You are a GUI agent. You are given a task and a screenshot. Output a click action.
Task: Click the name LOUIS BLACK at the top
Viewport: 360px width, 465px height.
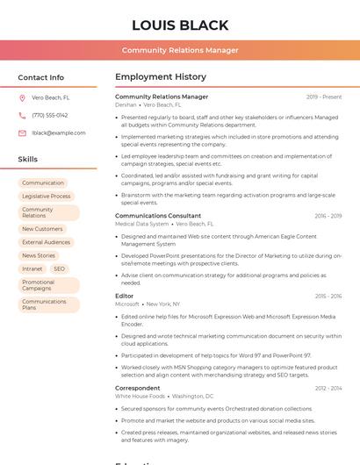(x=180, y=25)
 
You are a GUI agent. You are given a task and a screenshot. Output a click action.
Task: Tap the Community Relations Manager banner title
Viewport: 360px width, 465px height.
(x=180, y=50)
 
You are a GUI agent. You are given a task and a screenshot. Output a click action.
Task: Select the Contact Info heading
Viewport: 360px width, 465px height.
(x=41, y=77)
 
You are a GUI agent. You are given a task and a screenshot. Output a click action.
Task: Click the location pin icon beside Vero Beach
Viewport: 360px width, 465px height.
(x=22, y=97)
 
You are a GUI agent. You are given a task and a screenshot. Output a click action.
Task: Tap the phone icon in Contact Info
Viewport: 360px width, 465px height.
(x=22, y=115)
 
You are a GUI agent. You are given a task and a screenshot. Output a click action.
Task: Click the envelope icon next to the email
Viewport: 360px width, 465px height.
(x=22, y=133)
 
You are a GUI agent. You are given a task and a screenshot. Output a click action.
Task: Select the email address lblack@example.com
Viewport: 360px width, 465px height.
(x=59, y=133)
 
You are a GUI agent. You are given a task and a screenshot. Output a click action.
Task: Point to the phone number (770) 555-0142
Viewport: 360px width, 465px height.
(x=50, y=115)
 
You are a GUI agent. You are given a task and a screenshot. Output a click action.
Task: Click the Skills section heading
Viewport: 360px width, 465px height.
(x=28, y=160)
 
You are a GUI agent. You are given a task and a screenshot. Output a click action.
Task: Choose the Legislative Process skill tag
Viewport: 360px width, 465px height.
(x=47, y=197)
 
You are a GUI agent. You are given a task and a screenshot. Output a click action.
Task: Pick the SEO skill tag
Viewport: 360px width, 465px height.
(x=59, y=268)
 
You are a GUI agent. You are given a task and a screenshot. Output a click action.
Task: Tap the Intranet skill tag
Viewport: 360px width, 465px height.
(x=32, y=268)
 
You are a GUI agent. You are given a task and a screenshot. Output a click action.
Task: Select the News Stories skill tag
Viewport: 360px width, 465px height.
(x=39, y=255)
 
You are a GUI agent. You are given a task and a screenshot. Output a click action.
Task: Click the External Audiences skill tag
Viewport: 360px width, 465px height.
(x=47, y=242)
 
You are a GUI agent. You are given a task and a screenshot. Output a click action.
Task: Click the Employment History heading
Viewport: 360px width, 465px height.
(x=161, y=77)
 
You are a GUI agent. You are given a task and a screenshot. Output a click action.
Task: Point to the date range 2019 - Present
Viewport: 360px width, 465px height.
(x=324, y=97)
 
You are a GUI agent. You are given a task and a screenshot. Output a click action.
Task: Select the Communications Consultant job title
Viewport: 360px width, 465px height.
(x=158, y=216)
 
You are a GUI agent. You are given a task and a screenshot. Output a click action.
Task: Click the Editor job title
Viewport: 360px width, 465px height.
(x=125, y=296)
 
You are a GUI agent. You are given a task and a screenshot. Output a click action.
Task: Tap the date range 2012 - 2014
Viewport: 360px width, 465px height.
(x=328, y=388)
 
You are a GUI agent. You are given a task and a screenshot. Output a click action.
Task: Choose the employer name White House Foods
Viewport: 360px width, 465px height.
(x=140, y=396)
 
